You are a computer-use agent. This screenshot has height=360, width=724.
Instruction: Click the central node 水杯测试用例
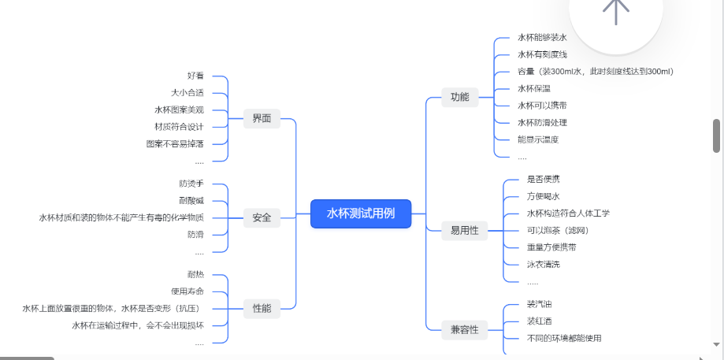point(361,213)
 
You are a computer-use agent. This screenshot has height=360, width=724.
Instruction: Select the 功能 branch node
point(459,97)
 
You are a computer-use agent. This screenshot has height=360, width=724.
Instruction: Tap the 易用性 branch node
point(464,231)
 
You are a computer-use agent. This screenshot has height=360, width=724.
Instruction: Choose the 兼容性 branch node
point(464,329)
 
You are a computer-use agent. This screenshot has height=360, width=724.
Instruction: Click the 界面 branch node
point(262,119)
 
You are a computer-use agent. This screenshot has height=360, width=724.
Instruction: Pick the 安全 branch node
point(262,218)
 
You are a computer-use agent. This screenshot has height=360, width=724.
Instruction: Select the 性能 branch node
point(262,308)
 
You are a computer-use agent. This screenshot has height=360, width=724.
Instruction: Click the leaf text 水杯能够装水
point(542,37)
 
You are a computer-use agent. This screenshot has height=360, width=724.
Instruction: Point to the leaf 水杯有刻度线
point(542,54)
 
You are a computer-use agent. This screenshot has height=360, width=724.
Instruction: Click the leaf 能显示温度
point(538,139)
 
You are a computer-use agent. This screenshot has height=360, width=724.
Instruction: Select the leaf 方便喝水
point(543,196)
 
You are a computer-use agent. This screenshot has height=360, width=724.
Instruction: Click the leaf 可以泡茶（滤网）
point(557,230)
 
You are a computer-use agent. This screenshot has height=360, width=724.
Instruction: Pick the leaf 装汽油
point(540,304)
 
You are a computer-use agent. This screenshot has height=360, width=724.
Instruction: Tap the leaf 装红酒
point(540,321)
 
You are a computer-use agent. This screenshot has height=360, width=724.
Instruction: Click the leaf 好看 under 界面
point(195,76)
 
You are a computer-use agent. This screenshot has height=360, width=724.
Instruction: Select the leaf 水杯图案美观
point(179,109)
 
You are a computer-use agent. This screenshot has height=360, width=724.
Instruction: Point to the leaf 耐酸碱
point(191,200)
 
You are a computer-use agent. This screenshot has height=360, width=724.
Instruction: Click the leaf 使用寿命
point(187,291)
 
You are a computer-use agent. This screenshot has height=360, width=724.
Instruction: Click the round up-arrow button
point(616,9)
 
